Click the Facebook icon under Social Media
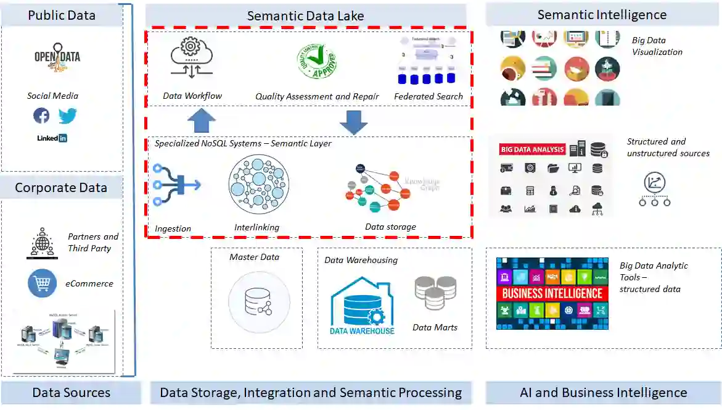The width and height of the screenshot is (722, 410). (x=41, y=115)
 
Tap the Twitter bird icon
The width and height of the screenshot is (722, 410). (x=67, y=115)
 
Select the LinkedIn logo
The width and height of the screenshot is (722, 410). (x=52, y=138)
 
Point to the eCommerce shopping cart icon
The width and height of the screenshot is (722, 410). (x=42, y=283)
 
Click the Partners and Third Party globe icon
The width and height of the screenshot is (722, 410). (x=42, y=243)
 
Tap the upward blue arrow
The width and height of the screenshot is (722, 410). (x=201, y=120)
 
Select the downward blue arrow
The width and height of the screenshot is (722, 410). (x=353, y=122)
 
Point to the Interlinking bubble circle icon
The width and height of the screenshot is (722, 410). (x=258, y=184)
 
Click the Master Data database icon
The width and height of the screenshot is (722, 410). (x=258, y=302)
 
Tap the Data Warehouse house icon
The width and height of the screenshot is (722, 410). (x=362, y=306)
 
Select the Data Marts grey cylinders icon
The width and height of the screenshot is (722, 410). (x=435, y=293)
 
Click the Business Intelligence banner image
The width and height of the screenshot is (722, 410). (x=552, y=293)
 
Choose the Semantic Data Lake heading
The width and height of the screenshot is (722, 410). (x=305, y=16)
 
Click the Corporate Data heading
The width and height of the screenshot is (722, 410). (x=61, y=188)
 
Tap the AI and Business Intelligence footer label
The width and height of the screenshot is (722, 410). (x=603, y=393)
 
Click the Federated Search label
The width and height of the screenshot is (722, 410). (x=429, y=96)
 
